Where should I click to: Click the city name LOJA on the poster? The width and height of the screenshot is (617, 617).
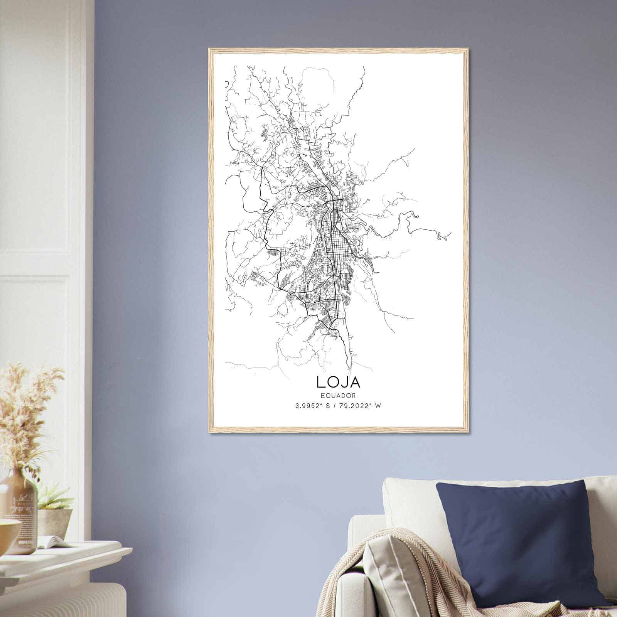coord(338,382)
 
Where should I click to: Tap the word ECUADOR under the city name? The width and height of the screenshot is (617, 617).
coord(338,395)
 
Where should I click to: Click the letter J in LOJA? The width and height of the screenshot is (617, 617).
coord(343,382)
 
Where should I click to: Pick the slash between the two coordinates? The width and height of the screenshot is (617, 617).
coord(333,406)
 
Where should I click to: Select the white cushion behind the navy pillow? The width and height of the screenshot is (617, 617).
coord(409,497)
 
